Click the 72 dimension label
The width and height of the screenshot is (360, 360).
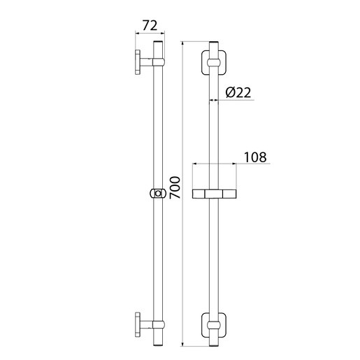click(150, 26)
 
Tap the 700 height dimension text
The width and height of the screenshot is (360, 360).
click(175, 187)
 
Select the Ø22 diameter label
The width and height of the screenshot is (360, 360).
click(238, 92)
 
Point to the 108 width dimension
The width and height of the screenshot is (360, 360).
click(255, 157)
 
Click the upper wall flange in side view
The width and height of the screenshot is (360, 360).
click(138, 62)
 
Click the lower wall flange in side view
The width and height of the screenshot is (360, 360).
click(138, 324)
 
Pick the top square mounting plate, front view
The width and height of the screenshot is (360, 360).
click(214, 62)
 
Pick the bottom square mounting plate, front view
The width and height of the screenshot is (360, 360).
click(214, 325)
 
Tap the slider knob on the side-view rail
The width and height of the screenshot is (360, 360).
click(158, 194)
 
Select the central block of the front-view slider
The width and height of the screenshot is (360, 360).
click(214, 194)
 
